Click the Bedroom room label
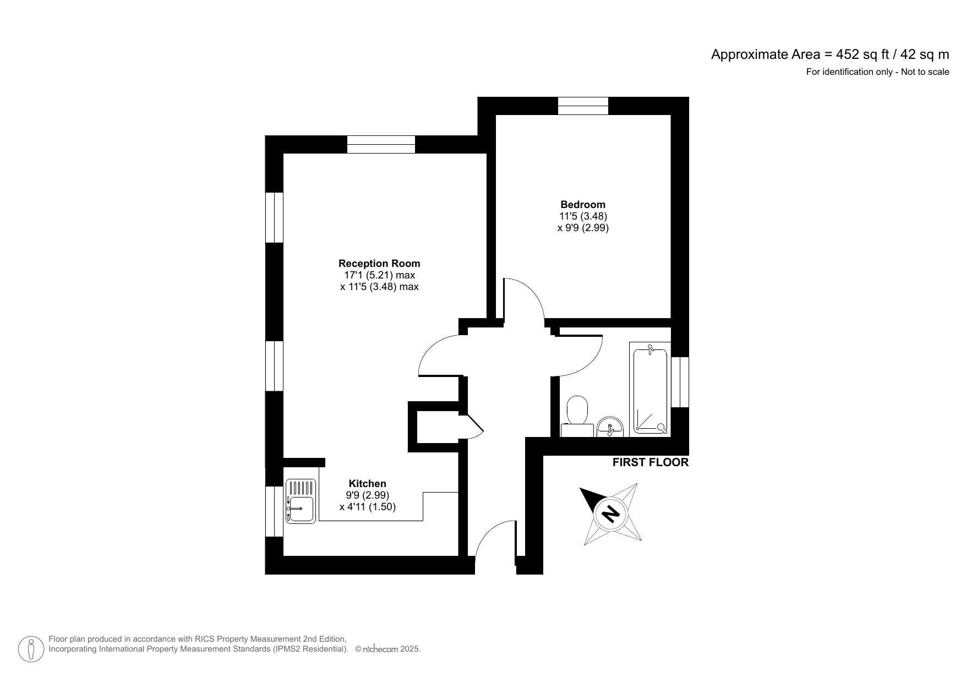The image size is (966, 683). (582, 205)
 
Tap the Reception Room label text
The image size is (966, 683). (379, 264)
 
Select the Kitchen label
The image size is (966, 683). (368, 484)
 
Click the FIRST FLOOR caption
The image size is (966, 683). (650, 462)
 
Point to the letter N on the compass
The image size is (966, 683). (610, 513)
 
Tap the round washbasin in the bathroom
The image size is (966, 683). (609, 427)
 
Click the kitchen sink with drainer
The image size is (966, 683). (301, 500)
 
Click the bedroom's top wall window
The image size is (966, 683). (583, 106)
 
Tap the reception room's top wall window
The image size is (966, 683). (381, 144)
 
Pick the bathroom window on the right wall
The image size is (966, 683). (680, 382)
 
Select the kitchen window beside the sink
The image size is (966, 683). (274, 511)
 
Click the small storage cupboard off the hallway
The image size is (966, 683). (438, 427)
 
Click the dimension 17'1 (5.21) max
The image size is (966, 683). (379, 275)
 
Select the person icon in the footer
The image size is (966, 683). (31, 649)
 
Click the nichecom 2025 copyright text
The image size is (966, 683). (388, 649)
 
